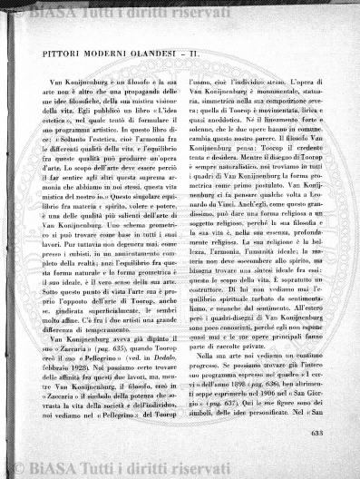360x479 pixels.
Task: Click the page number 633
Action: point(316,433)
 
